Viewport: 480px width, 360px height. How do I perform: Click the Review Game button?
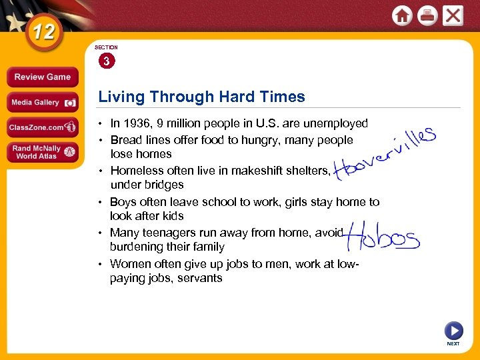point(42,77)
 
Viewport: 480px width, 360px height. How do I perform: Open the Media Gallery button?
point(42,103)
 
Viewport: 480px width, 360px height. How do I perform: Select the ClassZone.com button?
point(42,127)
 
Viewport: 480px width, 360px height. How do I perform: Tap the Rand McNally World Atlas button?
point(42,151)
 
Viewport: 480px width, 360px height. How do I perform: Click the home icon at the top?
point(402,15)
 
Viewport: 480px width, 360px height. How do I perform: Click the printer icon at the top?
point(427,15)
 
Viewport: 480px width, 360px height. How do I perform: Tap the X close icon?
point(453,15)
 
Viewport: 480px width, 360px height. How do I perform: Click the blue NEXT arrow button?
point(453,330)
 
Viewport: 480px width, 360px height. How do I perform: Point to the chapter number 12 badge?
point(45,31)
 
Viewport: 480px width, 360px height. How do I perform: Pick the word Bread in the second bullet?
point(125,140)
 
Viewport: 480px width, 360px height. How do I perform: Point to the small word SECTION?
point(106,47)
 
